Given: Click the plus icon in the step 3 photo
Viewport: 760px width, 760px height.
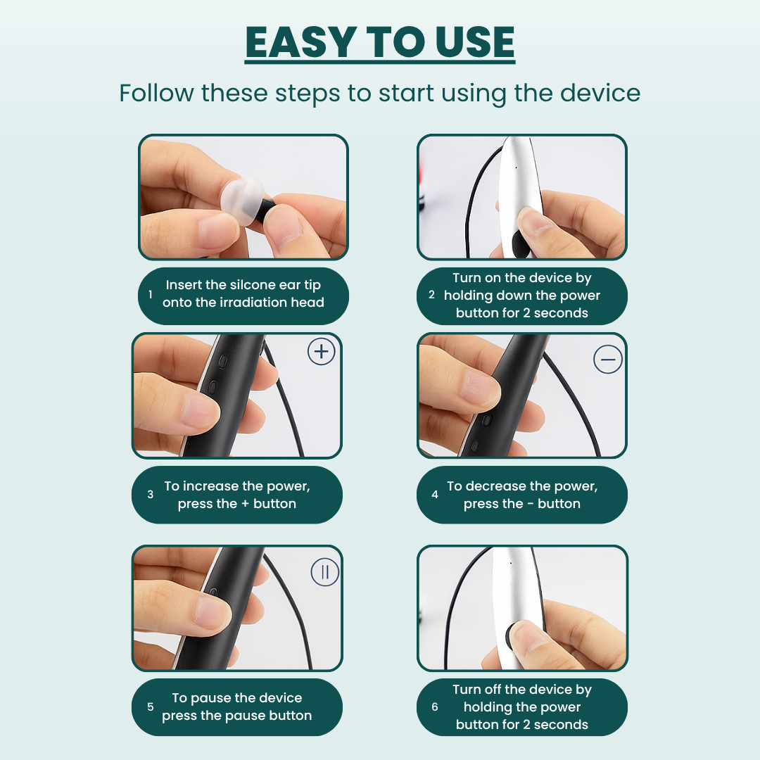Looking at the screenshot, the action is tap(322, 351).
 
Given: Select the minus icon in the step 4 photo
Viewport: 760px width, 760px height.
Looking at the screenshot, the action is tap(608, 359).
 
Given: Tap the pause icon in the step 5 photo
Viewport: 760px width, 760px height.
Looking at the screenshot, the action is tap(324, 572).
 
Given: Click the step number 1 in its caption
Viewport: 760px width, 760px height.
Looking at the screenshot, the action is tap(151, 294).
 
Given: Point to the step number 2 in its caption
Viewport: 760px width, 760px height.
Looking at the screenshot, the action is tap(431, 294).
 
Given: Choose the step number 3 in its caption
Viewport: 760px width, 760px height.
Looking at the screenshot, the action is tap(151, 495).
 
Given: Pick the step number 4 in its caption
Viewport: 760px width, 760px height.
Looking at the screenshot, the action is tap(435, 495).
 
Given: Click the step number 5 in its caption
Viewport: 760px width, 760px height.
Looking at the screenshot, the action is tap(151, 707).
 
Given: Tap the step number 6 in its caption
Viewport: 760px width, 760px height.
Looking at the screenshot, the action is tap(435, 707).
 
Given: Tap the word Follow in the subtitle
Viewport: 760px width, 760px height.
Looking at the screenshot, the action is tap(156, 93).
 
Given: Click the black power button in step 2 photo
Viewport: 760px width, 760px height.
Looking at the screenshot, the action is tap(519, 243).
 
